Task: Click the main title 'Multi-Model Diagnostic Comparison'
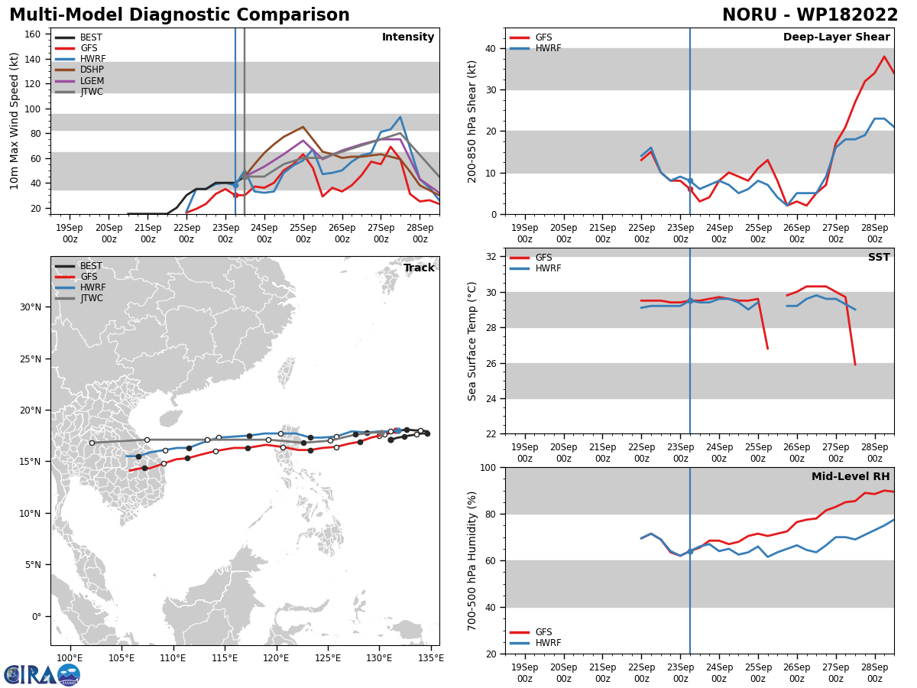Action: click(180, 15)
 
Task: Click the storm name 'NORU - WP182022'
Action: click(810, 15)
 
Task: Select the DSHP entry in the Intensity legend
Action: click(79, 70)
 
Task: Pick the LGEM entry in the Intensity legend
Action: click(79, 80)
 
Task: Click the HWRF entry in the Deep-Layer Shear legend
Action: click(536, 48)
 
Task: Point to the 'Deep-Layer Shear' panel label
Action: click(836, 37)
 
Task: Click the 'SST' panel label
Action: click(879, 257)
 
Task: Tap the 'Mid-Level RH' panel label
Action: click(851, 476)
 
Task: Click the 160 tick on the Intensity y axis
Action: click(33, 34)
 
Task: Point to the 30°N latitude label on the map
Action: click(31, 307)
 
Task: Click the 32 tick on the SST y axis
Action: click(491, 257)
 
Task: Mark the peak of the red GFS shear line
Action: click(884, 57)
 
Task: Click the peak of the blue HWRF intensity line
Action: click(400, 117)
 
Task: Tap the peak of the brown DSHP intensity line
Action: click(303, 127)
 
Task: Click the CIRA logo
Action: click(42, 675)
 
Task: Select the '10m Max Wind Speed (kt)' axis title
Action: click(14, 121)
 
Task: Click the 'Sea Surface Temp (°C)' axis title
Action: click(471, 341)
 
